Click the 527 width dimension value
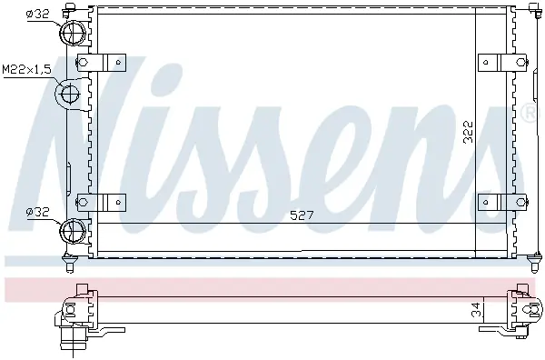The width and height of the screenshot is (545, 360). (x=302, y=215)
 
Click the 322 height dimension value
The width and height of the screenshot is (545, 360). (x=469, y=132)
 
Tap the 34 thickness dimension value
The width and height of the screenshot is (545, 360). (x=478, y=310)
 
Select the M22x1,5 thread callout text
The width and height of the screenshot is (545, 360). (x=26, y=69)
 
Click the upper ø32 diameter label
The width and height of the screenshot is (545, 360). (x=38, y=14)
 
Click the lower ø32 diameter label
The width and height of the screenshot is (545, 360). (x=38, y=212)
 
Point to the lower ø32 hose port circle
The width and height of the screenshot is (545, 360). (x=73, y=230)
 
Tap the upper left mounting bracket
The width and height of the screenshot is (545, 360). (x=101, y=63)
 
